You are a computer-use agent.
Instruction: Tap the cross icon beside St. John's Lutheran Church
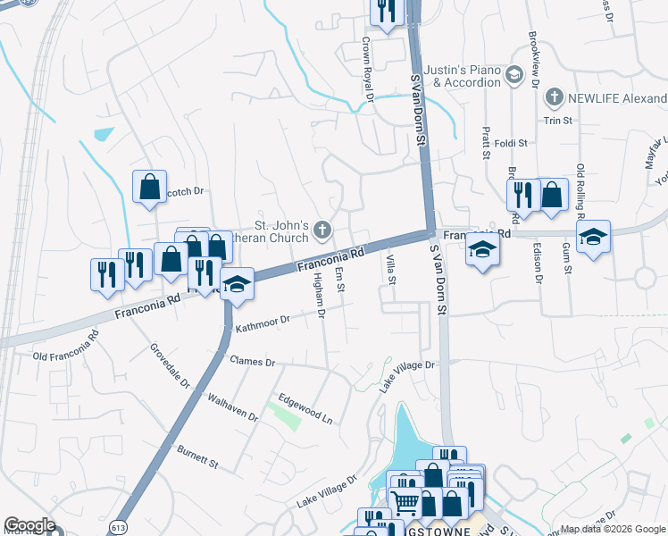click(321, 232)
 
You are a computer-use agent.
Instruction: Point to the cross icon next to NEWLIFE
click(555, 96)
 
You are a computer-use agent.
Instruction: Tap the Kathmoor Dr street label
click(263, 323)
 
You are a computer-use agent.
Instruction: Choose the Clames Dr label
click(253, 362)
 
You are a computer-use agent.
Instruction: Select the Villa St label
click(391, 269)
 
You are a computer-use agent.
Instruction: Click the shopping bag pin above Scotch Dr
click(149, 188)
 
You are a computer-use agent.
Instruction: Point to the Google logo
click(29, 525)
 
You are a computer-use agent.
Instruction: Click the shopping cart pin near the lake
click(405, 501)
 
